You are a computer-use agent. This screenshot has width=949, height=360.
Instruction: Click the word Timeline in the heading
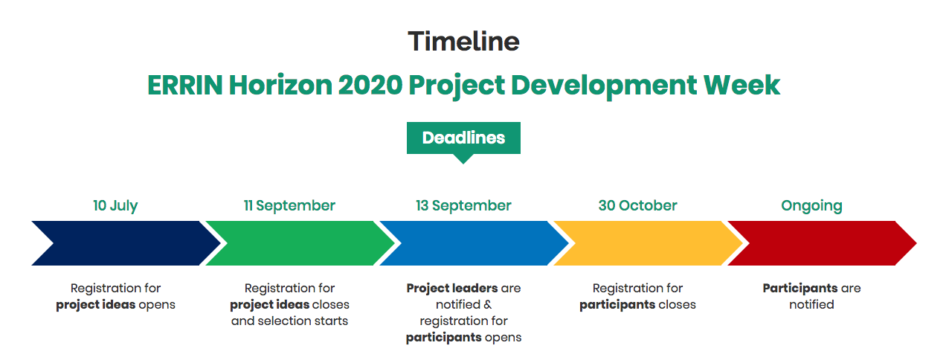[x=463, y=42]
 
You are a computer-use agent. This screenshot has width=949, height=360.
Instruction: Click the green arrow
[x=300, y=243]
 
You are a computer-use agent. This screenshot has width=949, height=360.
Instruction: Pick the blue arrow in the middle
[x=474, y=243]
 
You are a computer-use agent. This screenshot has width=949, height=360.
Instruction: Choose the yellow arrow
[x=649, y=243]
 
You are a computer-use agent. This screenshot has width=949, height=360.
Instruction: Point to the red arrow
[x=823, y=243]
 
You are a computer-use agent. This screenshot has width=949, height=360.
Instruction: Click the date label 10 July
[x=115, y=206]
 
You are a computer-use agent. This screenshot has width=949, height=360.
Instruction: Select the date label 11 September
[x=289, y=206]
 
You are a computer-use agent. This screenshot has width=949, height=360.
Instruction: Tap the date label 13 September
[x=463, y=206]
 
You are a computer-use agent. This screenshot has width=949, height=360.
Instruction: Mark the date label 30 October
[x=637, y=205]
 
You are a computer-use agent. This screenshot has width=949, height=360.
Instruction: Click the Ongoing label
[x=811, y=206]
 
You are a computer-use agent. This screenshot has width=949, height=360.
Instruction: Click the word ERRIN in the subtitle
[x=184, y=85]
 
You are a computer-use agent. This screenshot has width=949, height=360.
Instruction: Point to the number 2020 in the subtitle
[x=370, y=85]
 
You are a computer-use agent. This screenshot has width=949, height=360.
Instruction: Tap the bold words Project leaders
[x=452, y=289]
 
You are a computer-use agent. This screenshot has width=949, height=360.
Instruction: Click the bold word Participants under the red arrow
[x=800, y=289]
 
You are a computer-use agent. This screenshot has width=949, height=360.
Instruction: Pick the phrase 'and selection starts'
[x=289, y=321]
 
